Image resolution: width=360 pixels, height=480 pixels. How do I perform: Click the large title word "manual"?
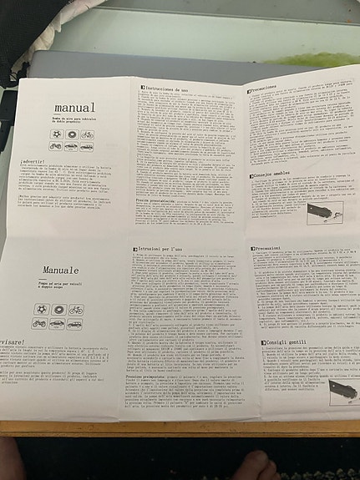point(74,108)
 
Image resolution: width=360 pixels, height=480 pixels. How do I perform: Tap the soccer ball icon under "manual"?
point(56,134)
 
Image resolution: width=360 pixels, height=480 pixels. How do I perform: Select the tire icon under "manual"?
point(72,134)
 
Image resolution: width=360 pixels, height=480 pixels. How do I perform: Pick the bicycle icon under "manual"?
point(87,134)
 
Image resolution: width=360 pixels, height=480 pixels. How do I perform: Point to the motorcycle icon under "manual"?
point(56,146)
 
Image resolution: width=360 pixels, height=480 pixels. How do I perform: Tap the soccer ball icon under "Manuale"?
point(39,310)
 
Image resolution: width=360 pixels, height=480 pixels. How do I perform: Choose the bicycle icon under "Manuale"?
point(76,310)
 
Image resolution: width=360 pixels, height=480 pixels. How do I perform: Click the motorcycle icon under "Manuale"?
point(39,323)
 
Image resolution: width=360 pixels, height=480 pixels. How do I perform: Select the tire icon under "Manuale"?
point(58,310)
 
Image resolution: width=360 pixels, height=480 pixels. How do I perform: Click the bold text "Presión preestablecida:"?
point(155,201)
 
